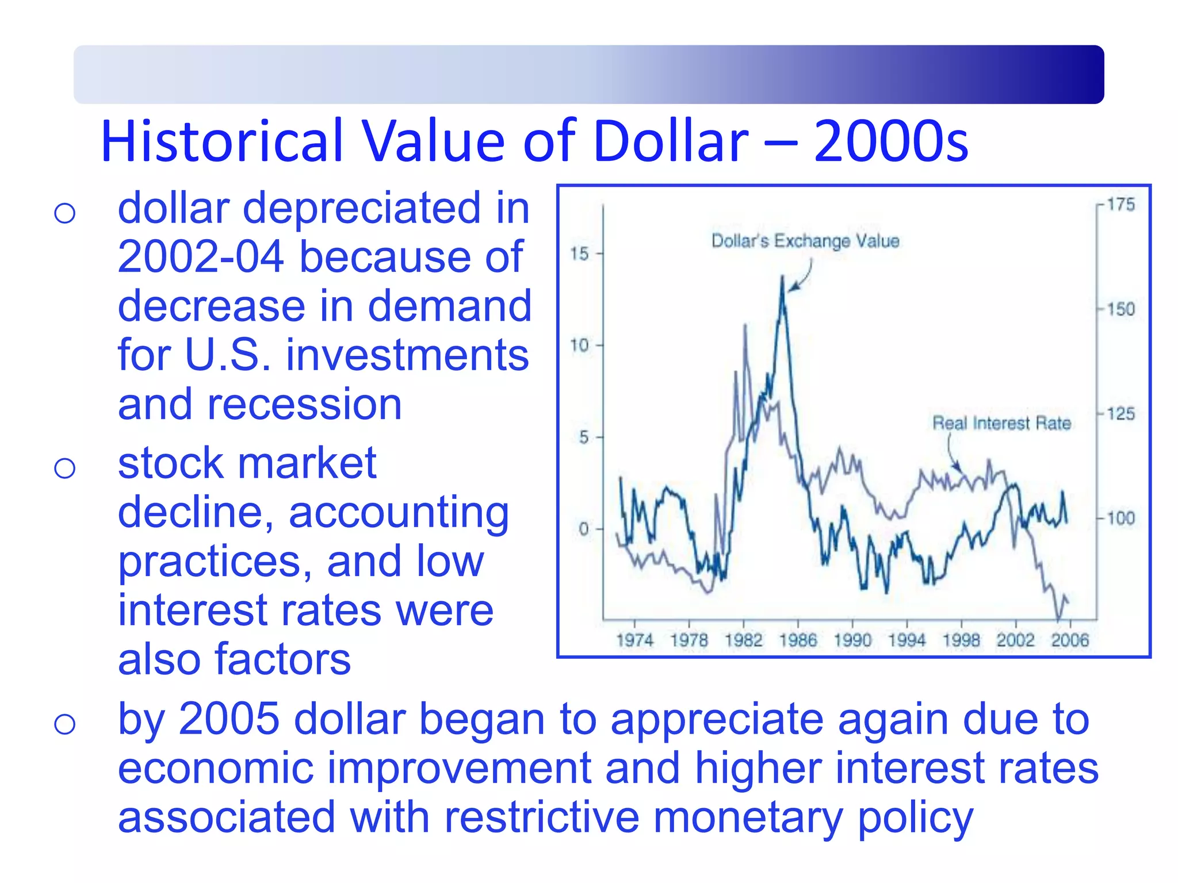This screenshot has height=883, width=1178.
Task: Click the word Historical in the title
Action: point(221,141)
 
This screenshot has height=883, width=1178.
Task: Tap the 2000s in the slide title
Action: point(891,141)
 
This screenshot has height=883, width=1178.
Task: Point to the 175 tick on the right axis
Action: point(1120,204)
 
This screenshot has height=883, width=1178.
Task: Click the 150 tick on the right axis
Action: point(1120,309)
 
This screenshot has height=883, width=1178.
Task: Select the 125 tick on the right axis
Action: point(1120,414)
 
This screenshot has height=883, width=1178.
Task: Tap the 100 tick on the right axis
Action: point(1120,519)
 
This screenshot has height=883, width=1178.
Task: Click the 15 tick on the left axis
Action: point(580,254)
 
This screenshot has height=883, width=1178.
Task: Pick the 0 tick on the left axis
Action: point(584,529)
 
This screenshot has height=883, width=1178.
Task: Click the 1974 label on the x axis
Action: point(634,640)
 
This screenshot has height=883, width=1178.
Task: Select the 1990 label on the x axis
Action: point(852,640)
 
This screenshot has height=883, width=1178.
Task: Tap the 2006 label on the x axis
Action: point(1070,640)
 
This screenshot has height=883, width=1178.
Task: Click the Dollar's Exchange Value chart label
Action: point(805,241)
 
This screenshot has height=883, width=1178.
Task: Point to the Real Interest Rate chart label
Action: point(1001,423)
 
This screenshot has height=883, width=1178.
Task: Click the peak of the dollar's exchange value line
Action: point(782,278)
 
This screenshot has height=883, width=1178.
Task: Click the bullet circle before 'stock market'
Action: point(64,468)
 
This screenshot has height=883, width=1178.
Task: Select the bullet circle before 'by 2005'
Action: point(64,724)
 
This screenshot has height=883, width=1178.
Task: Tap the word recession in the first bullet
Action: point(304,404)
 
